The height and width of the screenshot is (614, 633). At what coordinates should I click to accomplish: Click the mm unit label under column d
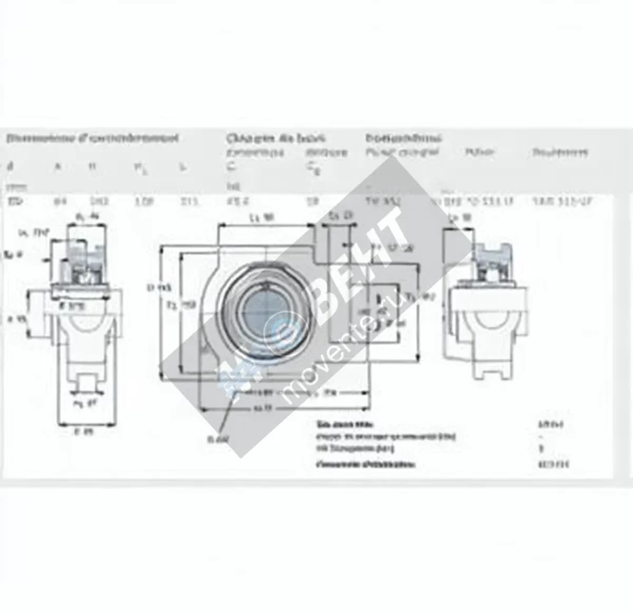click(x=10, y=186)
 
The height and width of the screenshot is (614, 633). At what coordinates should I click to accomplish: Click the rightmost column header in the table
click(x=559, y=153)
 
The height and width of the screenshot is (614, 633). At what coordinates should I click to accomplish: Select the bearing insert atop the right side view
click(x=491, y=259)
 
